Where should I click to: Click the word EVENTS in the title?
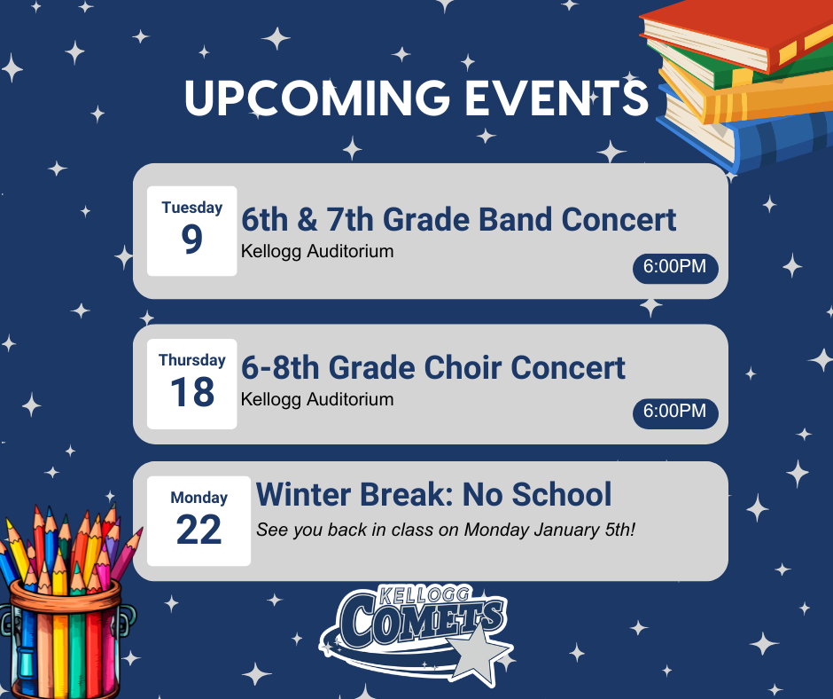[557, 98]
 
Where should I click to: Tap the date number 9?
[192, 240]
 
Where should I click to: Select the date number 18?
[192, 393]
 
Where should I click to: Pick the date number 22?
[199, 530]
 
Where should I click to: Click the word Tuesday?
[192, 208]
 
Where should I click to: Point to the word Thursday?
[192, 360]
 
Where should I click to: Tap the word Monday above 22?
[199, 498]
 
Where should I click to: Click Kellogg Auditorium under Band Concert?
[317, 252]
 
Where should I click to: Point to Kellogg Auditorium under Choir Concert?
[317, 399]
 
